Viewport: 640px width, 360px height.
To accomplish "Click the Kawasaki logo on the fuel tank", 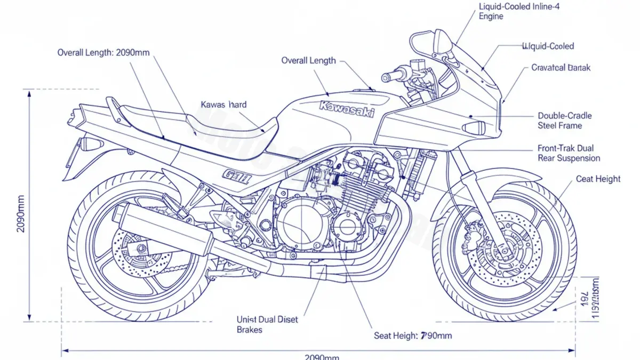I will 347,109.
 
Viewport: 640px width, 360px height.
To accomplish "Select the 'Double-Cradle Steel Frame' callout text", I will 564,121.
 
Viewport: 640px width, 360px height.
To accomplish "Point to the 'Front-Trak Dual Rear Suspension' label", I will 569,153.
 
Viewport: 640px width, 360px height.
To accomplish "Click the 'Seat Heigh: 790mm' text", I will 413,335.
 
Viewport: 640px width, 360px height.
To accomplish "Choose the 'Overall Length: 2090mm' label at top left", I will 103,52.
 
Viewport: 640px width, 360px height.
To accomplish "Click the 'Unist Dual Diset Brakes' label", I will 267,324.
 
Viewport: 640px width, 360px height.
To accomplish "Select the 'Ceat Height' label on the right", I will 598,179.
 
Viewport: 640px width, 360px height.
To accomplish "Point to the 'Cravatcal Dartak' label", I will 561,68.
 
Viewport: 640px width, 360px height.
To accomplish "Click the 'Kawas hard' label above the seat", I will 223,105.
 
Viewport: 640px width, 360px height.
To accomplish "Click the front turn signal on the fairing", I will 474,128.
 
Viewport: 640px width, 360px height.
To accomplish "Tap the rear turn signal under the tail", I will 89,143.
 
